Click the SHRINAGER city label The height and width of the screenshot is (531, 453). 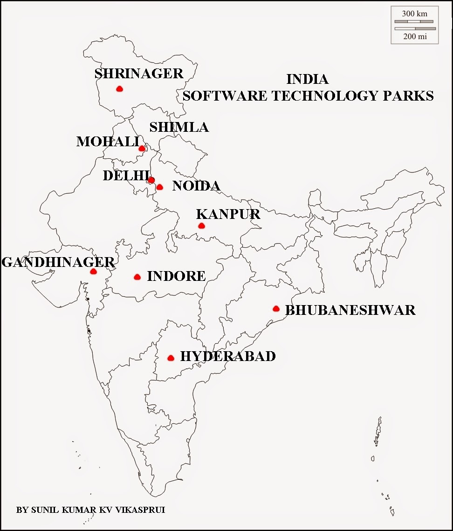(139, 74)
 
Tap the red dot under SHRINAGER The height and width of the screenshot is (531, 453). (119, 88)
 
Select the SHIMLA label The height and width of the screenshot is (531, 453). (179, 127)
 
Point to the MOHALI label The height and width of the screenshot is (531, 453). (108, 142)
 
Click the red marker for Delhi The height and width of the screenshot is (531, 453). (151, 180)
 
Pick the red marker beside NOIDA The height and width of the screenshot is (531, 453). (159, 187)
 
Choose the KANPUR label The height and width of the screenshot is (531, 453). (228, 214)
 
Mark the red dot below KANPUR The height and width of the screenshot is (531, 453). (201, 226)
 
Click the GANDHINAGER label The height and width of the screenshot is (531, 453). (58, 262)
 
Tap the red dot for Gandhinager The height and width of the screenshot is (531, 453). (93, 271)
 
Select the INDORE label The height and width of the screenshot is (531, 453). (176, 276)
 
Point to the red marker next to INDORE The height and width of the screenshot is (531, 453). (137, 277)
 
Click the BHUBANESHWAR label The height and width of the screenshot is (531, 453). (350, 310)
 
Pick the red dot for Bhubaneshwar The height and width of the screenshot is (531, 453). (276, 308)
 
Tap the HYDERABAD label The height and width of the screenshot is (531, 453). (228, 356)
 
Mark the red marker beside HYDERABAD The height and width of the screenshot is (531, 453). (171, 358)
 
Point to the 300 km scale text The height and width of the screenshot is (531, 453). (414, 14)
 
